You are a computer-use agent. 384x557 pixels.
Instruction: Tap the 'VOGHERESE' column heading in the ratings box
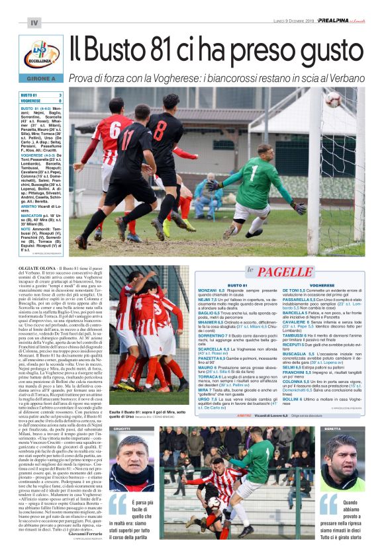pos(322,285)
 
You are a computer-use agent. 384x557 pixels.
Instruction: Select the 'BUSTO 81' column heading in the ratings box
pos(236,285)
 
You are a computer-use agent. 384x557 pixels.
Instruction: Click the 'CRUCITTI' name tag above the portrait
pos(122,429)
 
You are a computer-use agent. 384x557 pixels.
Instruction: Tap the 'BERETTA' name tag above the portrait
pos(350,429)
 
